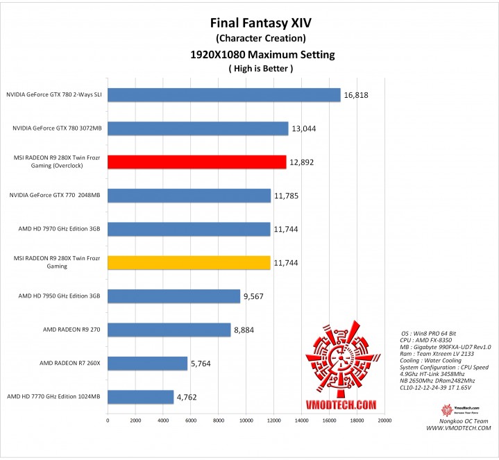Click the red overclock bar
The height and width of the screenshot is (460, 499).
[196, 162]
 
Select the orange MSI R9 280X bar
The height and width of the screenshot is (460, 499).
[189, 262]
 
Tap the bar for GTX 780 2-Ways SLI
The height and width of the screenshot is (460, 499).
[223, 95]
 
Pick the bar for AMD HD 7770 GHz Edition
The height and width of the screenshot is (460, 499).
[140, 397]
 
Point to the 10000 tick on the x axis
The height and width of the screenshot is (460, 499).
[246, 420]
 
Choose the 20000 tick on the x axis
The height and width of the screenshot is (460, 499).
[384, 420]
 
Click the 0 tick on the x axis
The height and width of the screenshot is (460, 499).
[108, 420]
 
